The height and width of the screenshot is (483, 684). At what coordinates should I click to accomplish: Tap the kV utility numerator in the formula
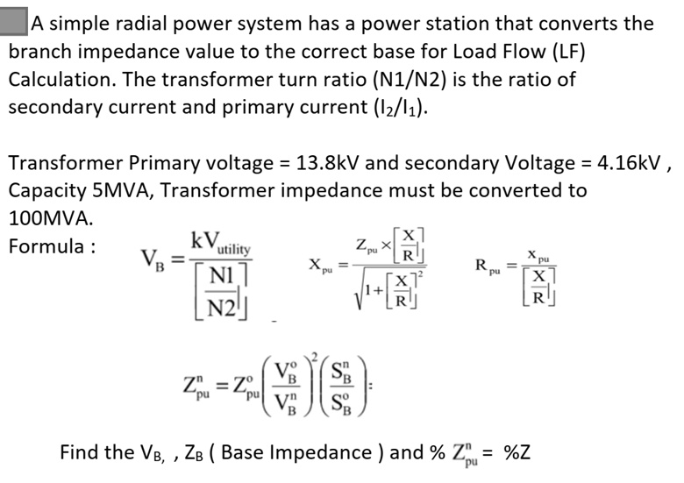coord(220,241)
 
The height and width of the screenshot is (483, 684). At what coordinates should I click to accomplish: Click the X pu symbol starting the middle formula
coord(318,264)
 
